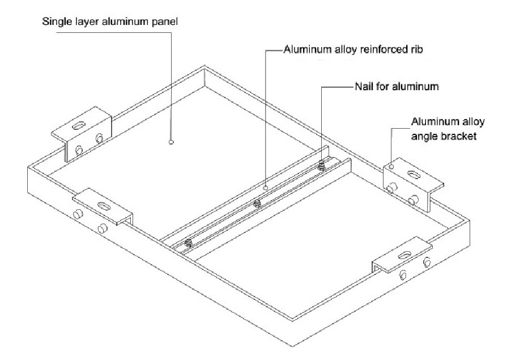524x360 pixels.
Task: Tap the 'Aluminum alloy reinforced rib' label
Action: [x=353, y=50]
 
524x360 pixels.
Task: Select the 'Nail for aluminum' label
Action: [x=396, y=87]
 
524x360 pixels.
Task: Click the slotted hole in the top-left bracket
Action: [x=82, y=124]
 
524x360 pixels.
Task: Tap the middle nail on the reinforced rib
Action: [x=257, y=203]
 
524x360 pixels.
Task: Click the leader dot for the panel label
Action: [x=171, y=143]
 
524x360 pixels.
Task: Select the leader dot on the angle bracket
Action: [x=391, y=167]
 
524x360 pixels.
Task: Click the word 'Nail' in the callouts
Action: [x=363, y=87]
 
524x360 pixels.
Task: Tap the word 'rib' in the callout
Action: [x=416, y=50]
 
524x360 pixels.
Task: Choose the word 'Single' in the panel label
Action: [x=56, y=23]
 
